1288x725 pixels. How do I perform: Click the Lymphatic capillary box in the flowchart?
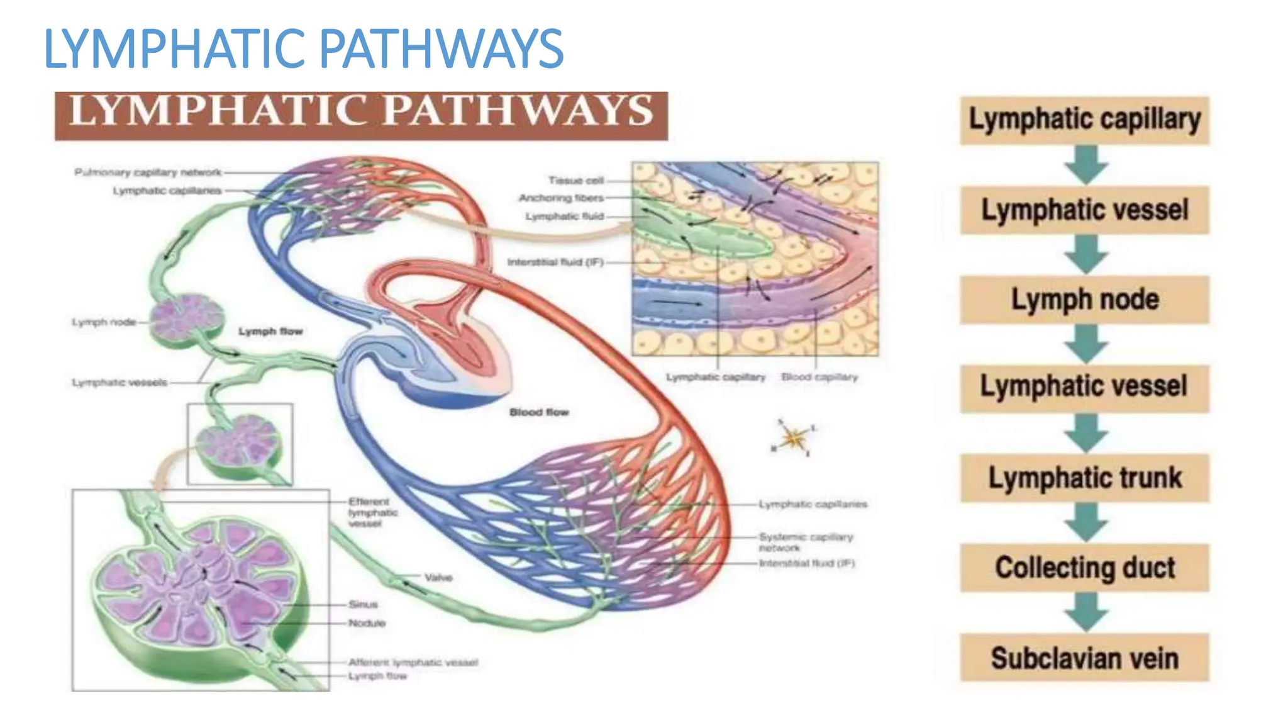pos(1084,120)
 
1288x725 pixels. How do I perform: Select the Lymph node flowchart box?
pos(1084,300)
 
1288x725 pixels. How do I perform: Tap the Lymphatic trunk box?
pos(1084,478)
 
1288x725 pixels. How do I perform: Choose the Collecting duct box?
pos(1084,567)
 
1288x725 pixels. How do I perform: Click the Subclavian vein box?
pos(1084,658)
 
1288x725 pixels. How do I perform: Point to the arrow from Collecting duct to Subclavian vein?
pos(1085,612)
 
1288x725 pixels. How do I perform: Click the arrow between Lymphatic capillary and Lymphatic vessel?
pos(1085,165)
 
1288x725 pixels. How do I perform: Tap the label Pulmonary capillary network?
pos(148,172)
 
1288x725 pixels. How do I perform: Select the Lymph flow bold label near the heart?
pos(270,331)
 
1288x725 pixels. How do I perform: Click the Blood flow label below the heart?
pos(539,412)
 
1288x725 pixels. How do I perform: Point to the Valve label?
pos(438,577)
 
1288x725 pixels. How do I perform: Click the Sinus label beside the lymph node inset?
pos(363,604)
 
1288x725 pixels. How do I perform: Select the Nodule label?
pos(367,623)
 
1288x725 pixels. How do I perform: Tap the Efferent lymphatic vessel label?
pos(373,512)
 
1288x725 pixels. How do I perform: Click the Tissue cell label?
pos(575,180)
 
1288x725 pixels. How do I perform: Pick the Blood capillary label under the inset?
pos(819,377)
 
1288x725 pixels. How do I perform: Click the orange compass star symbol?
pos(794,437)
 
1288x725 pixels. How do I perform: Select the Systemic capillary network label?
pos(806,542)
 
